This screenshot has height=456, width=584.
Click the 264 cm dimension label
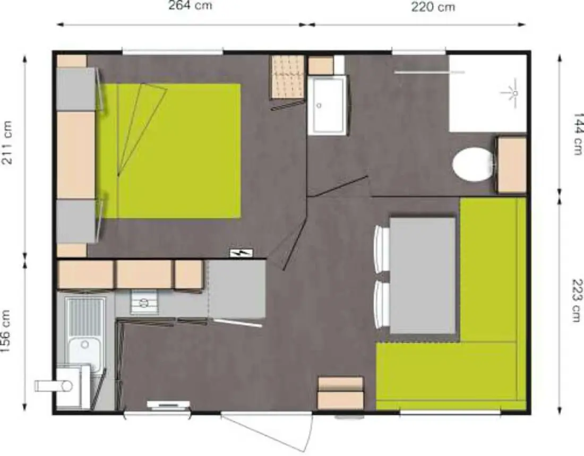190,6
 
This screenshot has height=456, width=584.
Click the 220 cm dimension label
433,7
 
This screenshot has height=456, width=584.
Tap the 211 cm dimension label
7,143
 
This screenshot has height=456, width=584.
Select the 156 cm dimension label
6,332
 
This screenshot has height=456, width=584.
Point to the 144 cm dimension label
578,134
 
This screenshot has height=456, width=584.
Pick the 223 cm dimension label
577,300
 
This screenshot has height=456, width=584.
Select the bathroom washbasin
328,105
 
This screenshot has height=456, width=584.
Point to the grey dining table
423,276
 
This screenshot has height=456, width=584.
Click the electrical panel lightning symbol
241,253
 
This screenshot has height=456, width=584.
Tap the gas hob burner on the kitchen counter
143,302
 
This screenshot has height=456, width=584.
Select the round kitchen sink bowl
85,343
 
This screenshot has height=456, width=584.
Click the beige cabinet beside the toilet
512,165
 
